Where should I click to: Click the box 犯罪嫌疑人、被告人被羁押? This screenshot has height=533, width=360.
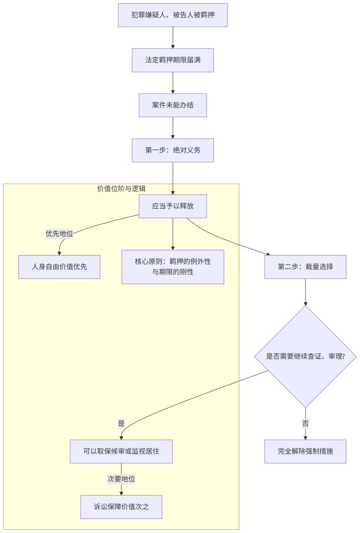click(x=173, y=15)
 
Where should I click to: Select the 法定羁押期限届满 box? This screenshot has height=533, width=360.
click(x=173, y=60)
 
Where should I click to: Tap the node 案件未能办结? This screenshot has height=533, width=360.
click(x=173, y=105)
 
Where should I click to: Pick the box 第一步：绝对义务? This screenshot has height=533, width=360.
click(x=173, y=150)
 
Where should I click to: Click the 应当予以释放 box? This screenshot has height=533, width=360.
click(x=173, y=206)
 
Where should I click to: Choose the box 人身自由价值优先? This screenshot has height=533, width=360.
click(x=59, y=266)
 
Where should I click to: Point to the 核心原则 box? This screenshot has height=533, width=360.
click(x=173, y=266)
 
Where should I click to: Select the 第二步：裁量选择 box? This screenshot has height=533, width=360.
click(x=305, y=266)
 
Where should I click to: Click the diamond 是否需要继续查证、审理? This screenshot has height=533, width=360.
click(x=305, y=357)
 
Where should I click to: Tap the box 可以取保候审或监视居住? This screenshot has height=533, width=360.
click(x=121, y=451)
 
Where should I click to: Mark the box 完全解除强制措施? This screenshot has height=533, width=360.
click(x=305, y=451)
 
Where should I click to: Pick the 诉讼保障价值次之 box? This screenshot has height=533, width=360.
click(x=121, y=506)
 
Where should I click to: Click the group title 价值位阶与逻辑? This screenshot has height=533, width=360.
click(x=121, y=188)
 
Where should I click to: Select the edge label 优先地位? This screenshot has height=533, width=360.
click(x=59, y=234)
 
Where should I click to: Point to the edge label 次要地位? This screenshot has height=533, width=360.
click(x=121, y=479)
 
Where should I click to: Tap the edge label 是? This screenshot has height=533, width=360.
click(x=121, y=423)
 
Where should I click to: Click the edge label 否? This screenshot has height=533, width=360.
click(x=305, y=423)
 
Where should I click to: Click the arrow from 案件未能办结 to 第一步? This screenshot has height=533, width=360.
click(x=173, y=128)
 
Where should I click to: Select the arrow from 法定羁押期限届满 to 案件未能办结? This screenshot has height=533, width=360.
click(x=173, y=83)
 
